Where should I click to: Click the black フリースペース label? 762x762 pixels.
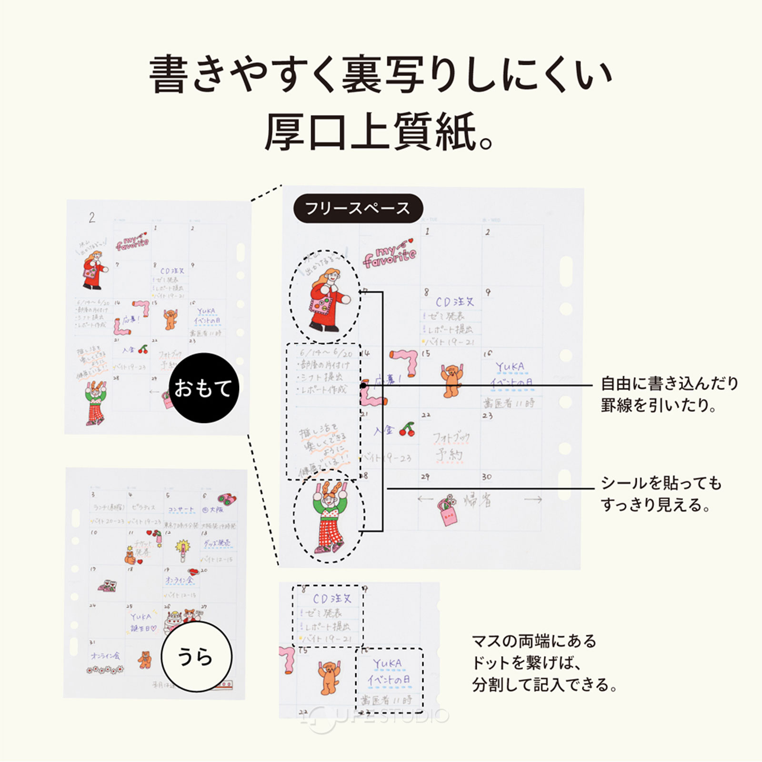pos(358,208)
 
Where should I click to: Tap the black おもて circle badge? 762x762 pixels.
pos(204,388)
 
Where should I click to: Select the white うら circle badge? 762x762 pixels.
pos(196,656)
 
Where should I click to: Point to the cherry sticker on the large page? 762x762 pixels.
pos(407,429)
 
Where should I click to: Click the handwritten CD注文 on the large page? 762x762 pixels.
pos(455,302)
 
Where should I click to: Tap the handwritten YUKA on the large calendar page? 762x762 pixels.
pos(510,367)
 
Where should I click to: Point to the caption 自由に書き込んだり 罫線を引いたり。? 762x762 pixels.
pos(669,394)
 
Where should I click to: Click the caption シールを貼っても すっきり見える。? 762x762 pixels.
pos(661,493)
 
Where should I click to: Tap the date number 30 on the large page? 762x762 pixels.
pos(486,477)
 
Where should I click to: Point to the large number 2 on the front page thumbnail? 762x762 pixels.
pos(92,218)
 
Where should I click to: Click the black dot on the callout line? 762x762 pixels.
pos(363,385)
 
